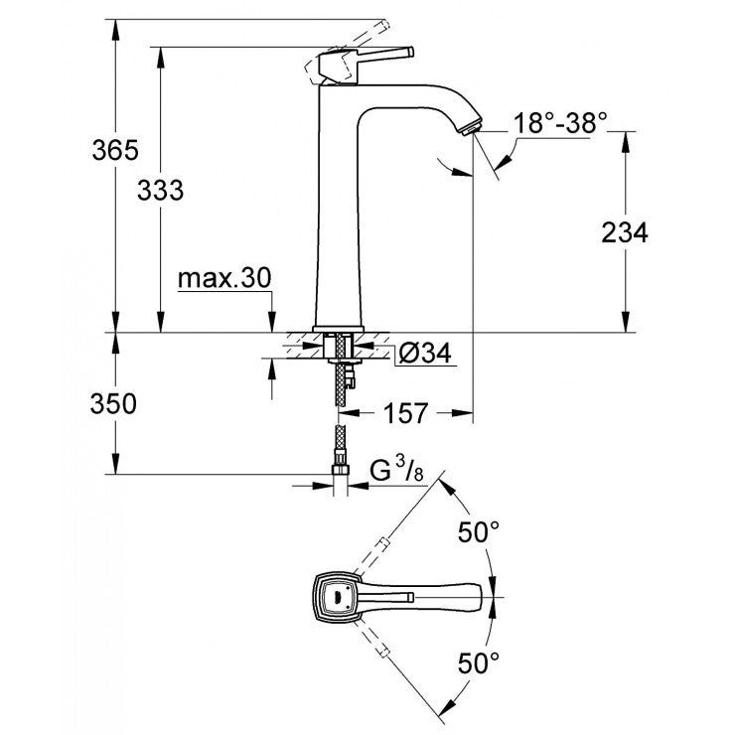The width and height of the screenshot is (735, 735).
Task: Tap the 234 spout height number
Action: click(x=625, y=232)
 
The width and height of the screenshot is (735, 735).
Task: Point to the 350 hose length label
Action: click(x=112, y=404)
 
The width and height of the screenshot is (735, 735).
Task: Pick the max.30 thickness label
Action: click(x=224, y=279)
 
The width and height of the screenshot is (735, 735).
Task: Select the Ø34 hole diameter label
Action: click(x=425, y=352)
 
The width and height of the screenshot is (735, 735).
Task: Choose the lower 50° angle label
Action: click(x=480, y=661)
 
